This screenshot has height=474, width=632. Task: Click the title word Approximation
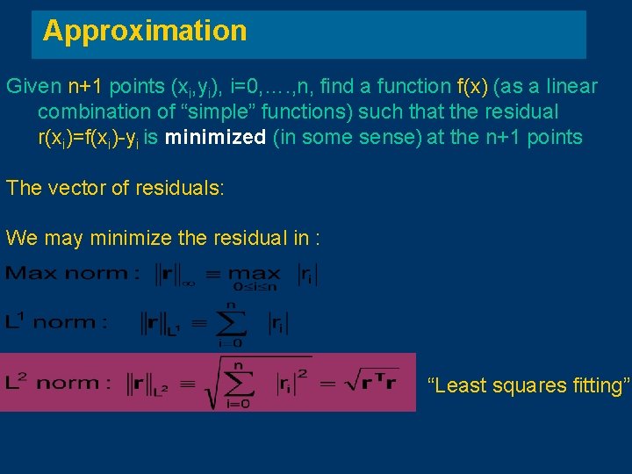click(x=145, y=32)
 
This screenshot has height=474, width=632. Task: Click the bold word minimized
click(x=215, y=137)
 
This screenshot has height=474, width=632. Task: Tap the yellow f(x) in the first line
click(x=473, y=87)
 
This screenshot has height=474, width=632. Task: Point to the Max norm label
click(x=72, y=273)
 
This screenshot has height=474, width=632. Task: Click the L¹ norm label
click(x=56, y=321)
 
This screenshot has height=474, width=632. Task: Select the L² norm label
click(x=58, y=383)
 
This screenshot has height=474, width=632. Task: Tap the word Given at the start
click(x=32, y=87)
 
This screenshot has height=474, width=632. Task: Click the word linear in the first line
click(x=570, y=87)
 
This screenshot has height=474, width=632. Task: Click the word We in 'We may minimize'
click(x=19, y=237)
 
